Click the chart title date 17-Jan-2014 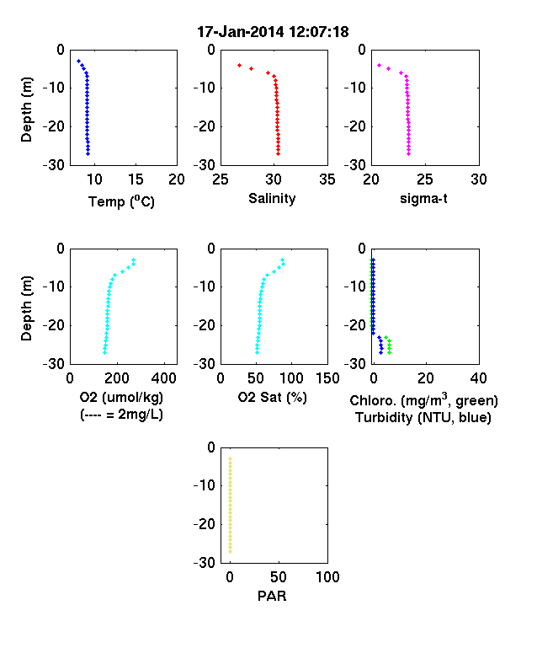pos(241,32)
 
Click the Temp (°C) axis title pos(121,201)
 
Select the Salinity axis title pos(272,198)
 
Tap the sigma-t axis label pos(423,199)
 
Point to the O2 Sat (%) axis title pos(272,397)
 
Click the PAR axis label pos(272,596)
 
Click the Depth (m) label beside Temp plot pos(27,110)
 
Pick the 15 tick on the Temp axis pos(136,179)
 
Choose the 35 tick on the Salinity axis pos(327,179)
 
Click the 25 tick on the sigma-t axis pos(425,179)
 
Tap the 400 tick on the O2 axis pos(164,378)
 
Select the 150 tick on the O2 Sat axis pos(327,378)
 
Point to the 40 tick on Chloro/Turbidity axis pos(478,378)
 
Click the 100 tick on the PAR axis pos(327,576)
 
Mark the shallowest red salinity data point pos(239,65)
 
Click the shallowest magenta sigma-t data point pos(379,65)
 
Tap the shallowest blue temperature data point pos(78,62)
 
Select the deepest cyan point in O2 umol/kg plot pos(104,352)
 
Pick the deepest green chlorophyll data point pos(389,352)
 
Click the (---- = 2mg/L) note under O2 pos(121,414)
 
